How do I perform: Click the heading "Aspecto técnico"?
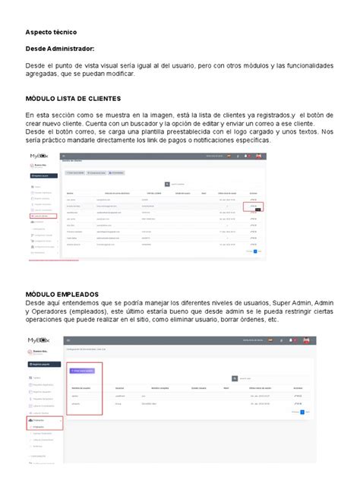pos(55,34)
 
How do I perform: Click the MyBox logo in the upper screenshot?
pos(39,156)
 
